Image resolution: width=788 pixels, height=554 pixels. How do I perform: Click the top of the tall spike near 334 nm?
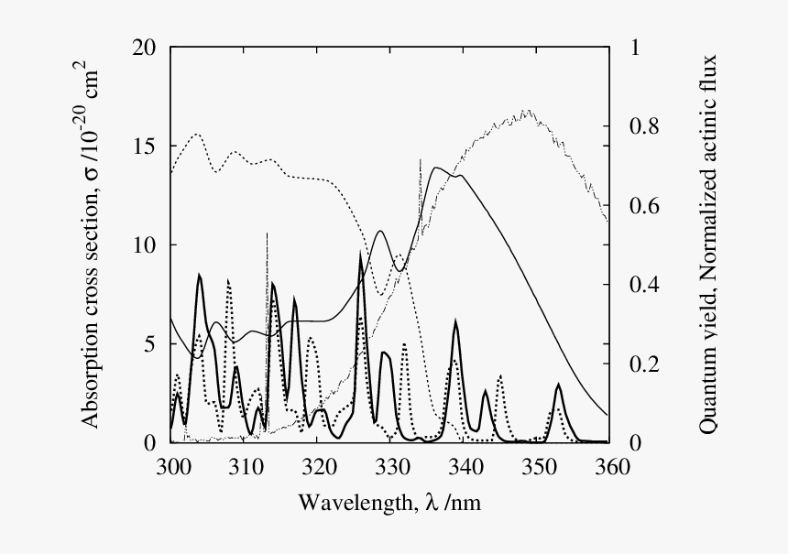(x=420, y=159)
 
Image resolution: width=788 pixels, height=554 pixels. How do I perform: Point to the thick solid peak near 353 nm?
(x=559, y=385)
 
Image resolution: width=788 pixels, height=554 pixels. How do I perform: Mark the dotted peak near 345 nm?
(x=500, y=375)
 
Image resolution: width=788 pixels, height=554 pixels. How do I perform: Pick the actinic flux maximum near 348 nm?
(x=527, y=112)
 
